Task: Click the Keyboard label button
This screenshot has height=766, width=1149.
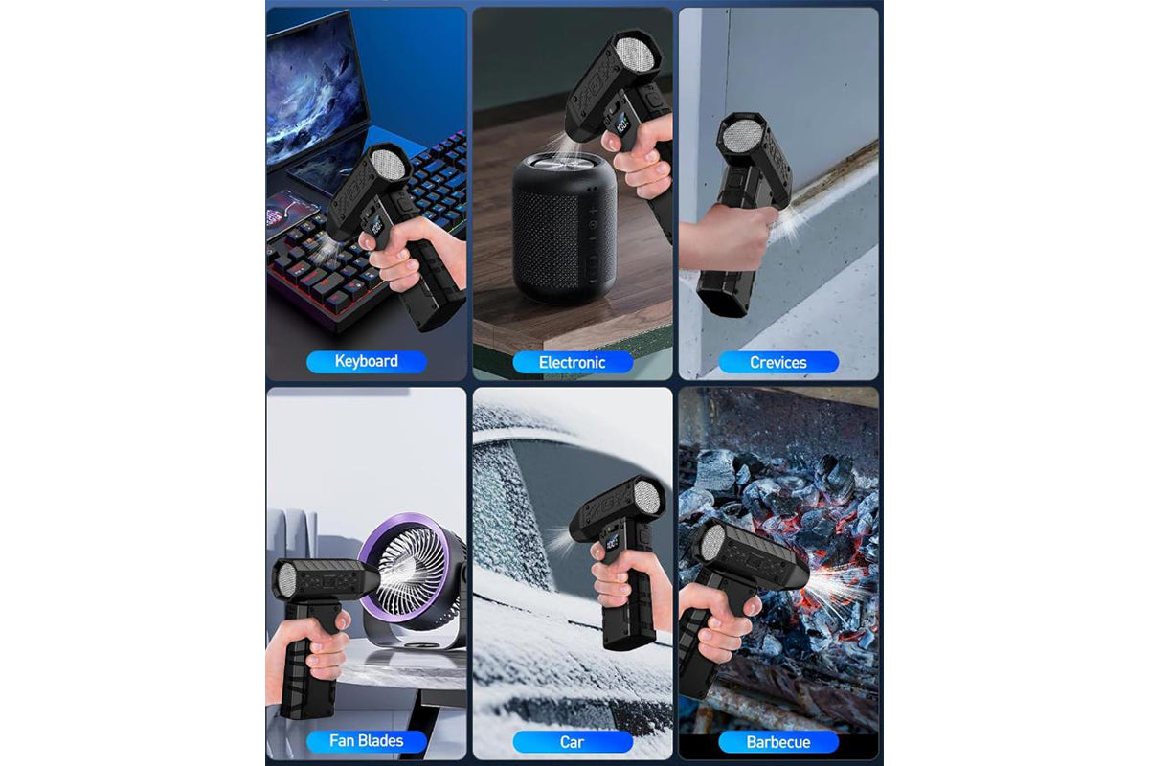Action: (366, 361)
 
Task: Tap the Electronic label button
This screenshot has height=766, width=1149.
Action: (572, 362)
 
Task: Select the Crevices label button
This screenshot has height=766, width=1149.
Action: (777, 362)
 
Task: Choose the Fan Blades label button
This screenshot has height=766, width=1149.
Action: (366, 740)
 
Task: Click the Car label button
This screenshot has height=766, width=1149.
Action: (572, 741)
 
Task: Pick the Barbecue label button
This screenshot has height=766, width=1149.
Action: (777, 741)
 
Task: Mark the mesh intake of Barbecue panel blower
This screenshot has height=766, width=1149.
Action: (711, 543)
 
